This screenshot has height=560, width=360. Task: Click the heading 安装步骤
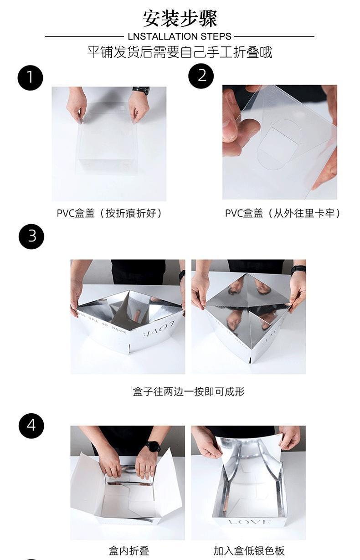point(180,18)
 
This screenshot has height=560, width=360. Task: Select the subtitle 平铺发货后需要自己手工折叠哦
point(180,52)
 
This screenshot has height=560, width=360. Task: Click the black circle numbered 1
point(30,77)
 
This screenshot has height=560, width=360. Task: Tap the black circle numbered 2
point(201,76)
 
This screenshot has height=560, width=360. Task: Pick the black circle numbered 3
point(31,236)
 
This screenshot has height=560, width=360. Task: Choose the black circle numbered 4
point(31,426)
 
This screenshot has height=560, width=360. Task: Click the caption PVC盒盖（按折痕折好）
point(109,213)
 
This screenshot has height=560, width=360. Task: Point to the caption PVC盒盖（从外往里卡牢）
point(283,213)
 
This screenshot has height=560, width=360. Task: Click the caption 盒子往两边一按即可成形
point(189,391)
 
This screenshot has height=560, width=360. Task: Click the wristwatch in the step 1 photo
point(141,90)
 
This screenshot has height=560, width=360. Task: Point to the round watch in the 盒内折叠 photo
point(153,446)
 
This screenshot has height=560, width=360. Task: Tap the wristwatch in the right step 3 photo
point(298,269)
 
